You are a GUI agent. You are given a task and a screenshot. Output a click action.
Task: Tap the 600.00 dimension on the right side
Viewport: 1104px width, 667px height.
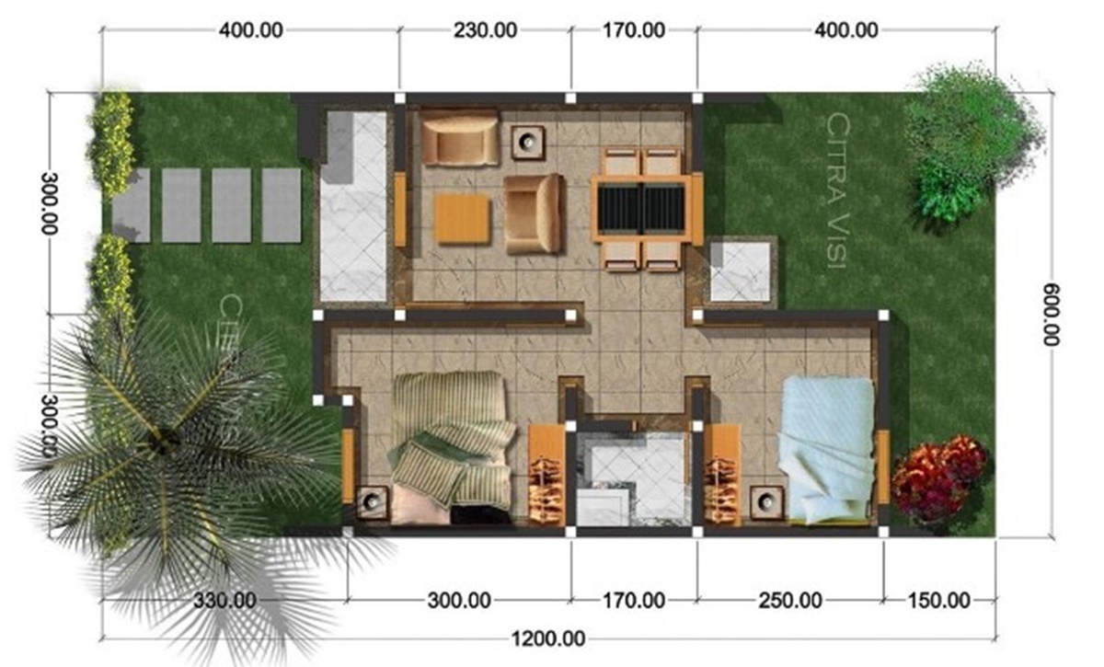1051,313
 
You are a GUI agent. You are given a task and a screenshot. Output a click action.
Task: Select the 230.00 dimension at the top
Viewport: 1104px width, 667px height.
485,29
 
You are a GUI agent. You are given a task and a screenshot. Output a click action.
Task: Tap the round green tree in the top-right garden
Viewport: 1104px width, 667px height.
971,138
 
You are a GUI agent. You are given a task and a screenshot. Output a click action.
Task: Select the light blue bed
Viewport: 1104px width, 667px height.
825,451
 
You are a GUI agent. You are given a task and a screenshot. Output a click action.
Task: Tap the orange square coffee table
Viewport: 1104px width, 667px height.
462,219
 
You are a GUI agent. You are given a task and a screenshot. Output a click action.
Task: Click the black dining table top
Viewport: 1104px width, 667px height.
641,206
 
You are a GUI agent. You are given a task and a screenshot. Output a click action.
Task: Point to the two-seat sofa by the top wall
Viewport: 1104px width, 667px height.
460,137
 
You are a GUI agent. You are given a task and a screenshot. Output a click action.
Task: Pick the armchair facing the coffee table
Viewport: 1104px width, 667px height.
535,213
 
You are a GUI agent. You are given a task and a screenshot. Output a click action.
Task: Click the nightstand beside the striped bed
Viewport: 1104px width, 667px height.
372,503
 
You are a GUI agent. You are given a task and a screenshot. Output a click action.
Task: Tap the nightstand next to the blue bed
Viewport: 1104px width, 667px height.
765,503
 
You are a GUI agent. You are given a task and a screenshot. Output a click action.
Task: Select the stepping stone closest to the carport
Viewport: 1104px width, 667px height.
282,205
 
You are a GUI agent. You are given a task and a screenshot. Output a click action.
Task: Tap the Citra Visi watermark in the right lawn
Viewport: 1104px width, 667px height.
837,191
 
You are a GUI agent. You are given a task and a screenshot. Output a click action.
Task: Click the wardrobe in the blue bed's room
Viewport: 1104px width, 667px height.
723,475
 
